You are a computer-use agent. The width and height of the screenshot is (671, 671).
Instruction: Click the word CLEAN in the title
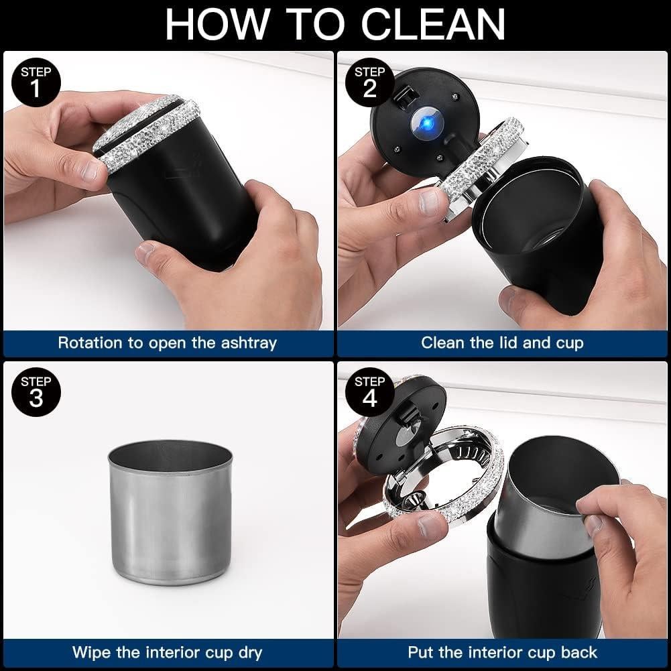point(433,24)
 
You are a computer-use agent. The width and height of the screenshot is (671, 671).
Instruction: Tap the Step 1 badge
point(36,82)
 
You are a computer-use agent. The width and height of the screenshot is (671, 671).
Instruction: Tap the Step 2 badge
point(370,82)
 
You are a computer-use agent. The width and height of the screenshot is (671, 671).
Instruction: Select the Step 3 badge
point(36,392)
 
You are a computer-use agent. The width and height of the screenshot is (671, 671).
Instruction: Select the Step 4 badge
point(370,392)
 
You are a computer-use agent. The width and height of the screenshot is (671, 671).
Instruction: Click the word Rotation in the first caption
point(90,343)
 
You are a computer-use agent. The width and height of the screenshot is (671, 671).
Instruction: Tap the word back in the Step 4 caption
point(579,653)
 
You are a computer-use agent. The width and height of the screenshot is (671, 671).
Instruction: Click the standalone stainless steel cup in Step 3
point(170,512)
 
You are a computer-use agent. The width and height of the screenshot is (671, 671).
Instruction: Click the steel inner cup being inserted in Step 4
point(556,497)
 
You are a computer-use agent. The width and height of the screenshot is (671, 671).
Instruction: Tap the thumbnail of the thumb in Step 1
point(91,171)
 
